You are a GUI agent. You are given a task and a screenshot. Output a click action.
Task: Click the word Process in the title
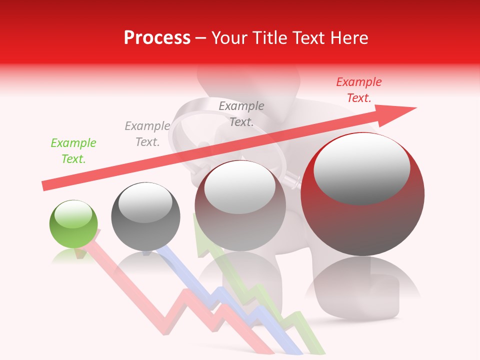[x=157, y=37]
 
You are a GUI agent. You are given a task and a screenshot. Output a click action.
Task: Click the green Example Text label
[x=73, y=151]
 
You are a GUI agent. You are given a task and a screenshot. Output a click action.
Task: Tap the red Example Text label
[x=358, y=90]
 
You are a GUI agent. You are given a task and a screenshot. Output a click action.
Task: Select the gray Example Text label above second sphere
[x=147, y=134]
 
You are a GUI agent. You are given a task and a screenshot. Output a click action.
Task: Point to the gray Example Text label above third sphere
[x=241, y=113]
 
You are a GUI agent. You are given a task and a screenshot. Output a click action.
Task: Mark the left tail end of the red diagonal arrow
[x=45, y=185]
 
